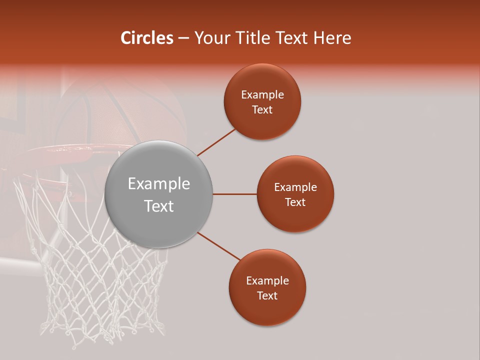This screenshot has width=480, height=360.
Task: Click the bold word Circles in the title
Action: pos(146,38)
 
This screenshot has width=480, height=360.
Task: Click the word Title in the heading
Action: pos(252,38)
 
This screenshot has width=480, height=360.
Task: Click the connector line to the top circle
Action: pos(217,141)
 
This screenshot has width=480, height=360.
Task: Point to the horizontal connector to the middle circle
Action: pos(234,194)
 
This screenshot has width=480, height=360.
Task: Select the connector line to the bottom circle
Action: pos(218,246)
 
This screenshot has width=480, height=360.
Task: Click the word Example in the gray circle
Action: pos(158,183)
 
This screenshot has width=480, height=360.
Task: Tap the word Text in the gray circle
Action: pos(158,206)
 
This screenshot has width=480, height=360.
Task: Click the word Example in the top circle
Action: pos(262,94)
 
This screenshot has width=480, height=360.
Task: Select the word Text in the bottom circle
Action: pos(267,295)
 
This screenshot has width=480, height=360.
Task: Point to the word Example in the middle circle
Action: pos(295,187)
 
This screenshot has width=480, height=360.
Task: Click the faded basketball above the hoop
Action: pos(130,110)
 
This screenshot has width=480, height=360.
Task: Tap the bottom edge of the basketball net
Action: pos(100,340)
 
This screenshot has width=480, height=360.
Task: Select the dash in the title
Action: pos(183,38)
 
